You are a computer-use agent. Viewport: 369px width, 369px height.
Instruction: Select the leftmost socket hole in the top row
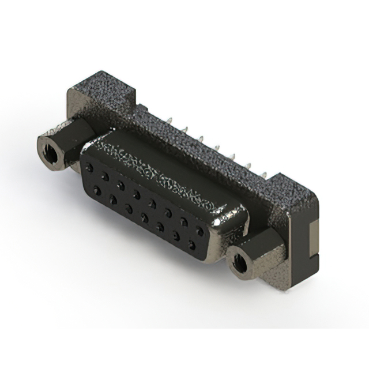tap(89, 167)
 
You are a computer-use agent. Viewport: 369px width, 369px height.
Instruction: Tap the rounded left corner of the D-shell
tap(84, 153)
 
